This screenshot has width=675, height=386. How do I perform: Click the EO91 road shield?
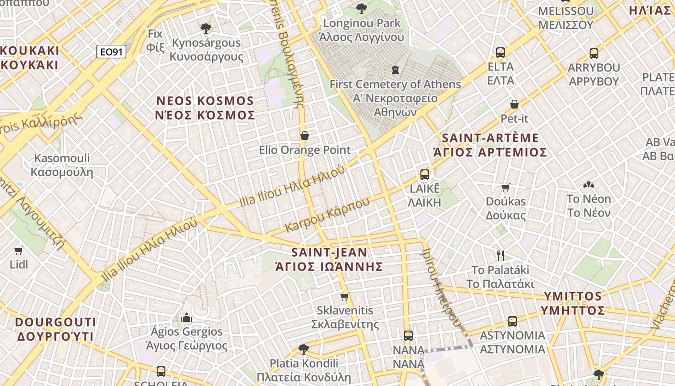(x=111, y=52)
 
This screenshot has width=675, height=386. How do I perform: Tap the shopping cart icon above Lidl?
(x=19, y=250)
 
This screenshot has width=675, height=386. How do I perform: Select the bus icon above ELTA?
(x=500, y=52)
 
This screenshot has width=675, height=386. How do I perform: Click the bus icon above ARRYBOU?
(x=594, y=54)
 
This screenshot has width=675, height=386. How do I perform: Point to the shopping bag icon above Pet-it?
(x=514, y=104)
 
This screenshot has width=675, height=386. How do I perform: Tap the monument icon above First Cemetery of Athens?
(x=395, y=70)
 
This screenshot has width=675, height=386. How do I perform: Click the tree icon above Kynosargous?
(x=206, y=28)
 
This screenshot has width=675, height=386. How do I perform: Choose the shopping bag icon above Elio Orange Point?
(x=304, y=136)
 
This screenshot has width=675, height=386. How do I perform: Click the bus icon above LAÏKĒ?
(x=424, y=174)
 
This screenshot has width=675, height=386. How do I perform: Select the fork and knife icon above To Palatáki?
(x=500, y=255)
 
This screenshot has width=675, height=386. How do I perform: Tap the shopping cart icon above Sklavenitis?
(x=344, y=296)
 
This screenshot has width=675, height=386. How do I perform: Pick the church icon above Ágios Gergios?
(x=187, y=317)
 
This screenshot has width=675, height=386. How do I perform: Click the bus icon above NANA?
(x=408, y=336)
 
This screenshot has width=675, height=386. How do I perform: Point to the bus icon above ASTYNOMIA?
(x=512, y=321)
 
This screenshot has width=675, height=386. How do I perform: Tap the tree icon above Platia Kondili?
(x=303, y=349)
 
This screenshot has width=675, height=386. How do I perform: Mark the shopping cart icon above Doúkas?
(x=505, y=187)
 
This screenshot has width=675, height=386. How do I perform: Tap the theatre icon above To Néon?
(x=588, y=185)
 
